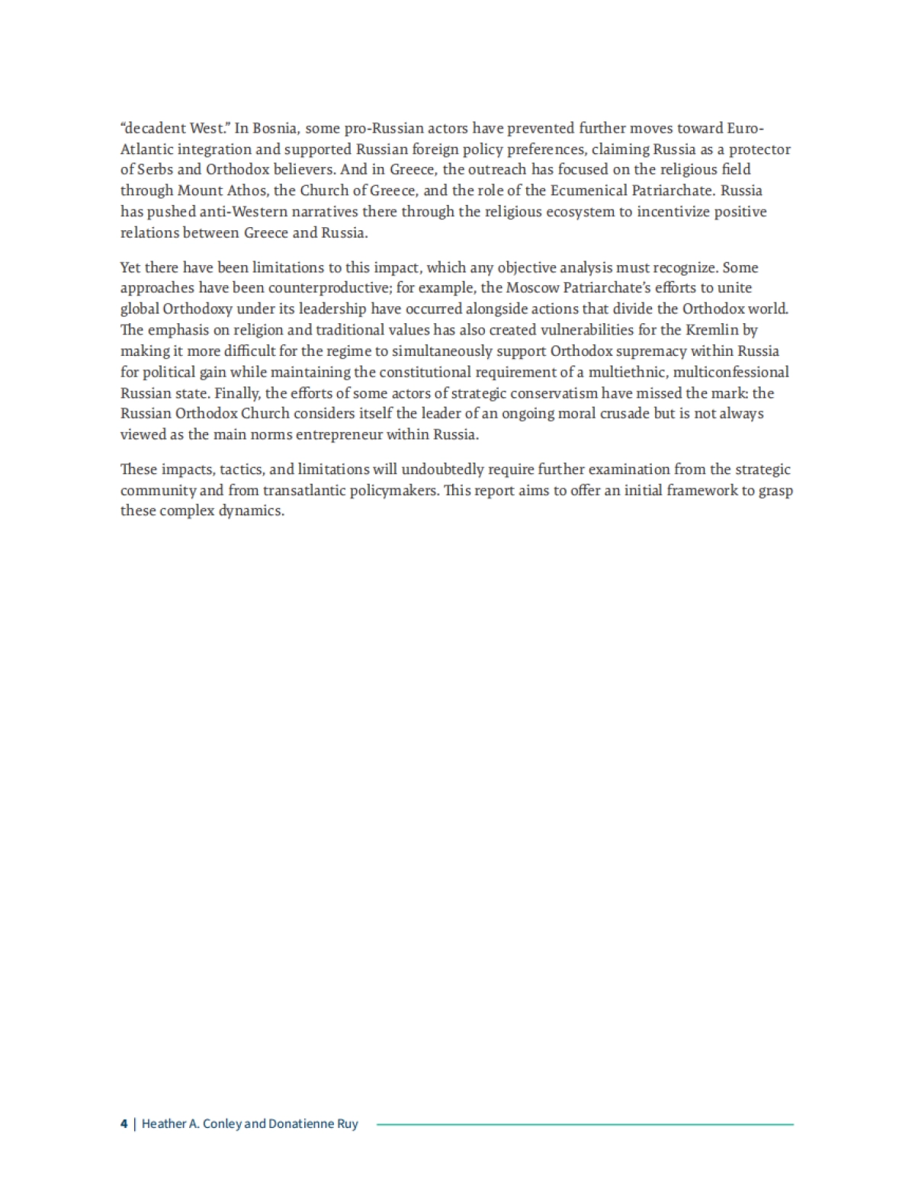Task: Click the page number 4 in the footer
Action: (124, 1124)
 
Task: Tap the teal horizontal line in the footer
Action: (585, 1124)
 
